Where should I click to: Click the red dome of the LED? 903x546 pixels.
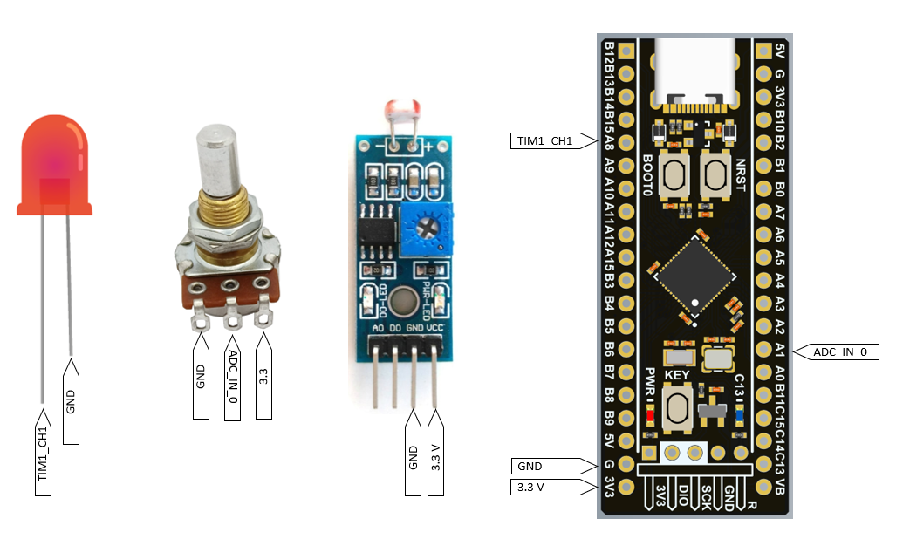pos(55,161)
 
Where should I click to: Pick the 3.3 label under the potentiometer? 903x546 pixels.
pos(263,379)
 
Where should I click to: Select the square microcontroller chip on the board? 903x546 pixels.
pos(695,275)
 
